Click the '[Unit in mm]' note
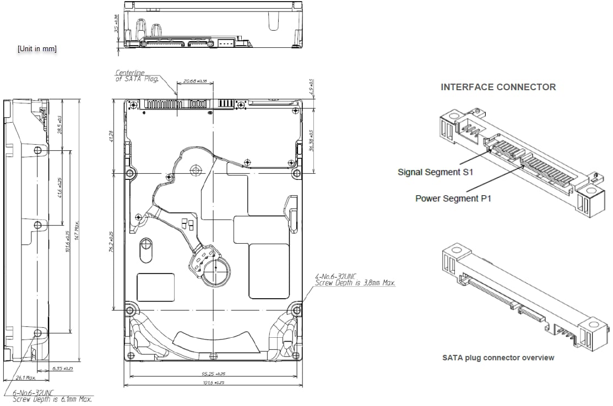[37, 49]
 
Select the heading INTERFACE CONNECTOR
[498, 87]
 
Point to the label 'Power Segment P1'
[453, 198]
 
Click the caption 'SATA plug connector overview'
[498, 358]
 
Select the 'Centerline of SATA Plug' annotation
[137, 76]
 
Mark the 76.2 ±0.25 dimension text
[111, 241]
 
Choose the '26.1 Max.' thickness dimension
[25, 377]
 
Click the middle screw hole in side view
[37, 224]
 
